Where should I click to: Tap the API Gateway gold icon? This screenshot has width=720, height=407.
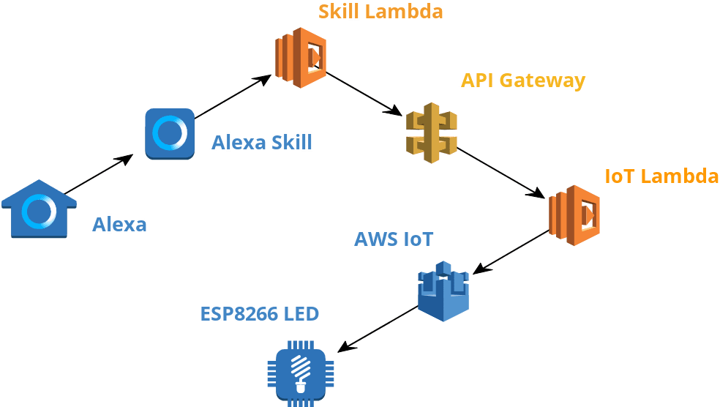[x=432, y=132]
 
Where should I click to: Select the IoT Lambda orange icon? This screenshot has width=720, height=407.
[x=574, y=214]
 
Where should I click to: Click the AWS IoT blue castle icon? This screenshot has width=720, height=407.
[x=443, y=291]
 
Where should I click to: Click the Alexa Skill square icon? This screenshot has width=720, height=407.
[x=170, y=133]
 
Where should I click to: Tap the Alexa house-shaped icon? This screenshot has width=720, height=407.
[x=39, y=210]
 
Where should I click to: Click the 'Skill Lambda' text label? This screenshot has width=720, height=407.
[x=380, y=12]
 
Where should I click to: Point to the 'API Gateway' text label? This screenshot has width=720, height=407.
[x=523, y=80]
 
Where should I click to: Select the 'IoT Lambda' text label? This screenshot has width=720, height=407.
[x=661, y=176]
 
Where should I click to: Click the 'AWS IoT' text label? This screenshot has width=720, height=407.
[x=394, y=239]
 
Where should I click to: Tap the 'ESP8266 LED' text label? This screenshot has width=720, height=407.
[x=260, y=314]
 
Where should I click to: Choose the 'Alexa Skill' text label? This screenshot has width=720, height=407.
[x=262, y=142]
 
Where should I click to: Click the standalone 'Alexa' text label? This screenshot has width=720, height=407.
[x=119, y=224]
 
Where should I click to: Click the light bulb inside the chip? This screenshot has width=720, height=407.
[x=300, y=372]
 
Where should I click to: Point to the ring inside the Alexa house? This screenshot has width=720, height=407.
[x=39, y=212]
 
